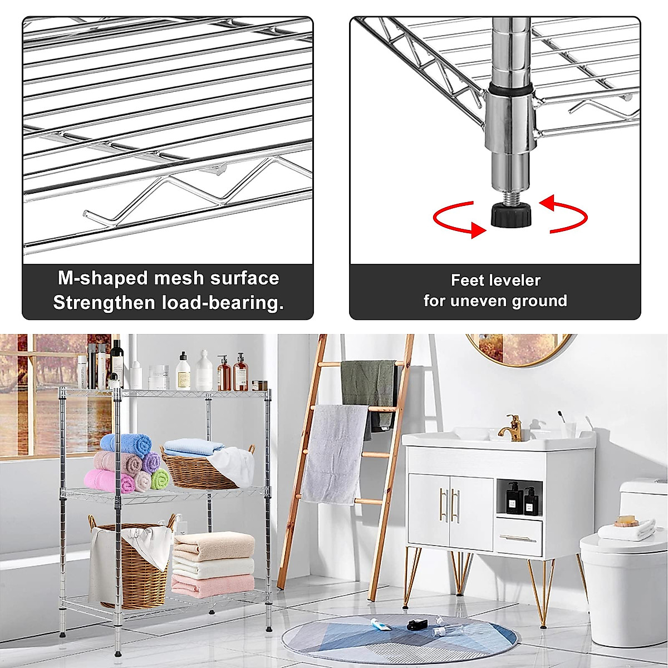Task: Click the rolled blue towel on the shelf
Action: [x=128, y=444]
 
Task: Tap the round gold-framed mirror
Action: [x=519, y=348]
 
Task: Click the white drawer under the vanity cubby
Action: [x=519, y=537]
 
